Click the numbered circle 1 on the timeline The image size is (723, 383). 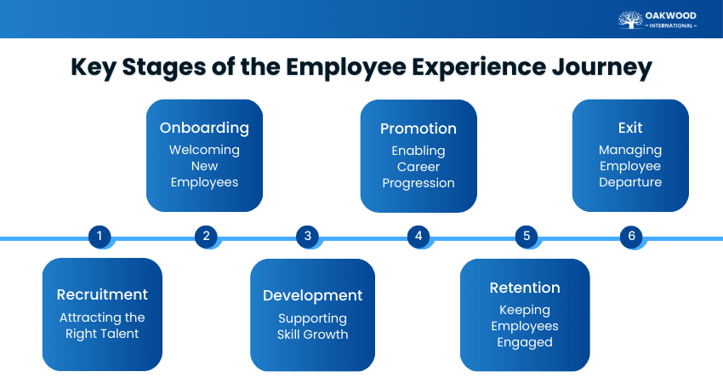(x=100, y=237)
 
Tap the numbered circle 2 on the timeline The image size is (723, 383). (x=206, y=237)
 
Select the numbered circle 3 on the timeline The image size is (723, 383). (x=308, y=237)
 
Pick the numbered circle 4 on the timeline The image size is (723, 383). (x=418, y=237)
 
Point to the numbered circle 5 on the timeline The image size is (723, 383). (x=526, y=237)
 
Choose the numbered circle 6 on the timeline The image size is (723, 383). (x=631, y=237)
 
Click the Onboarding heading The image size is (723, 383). (x=204, y=128)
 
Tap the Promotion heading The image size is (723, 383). (x=418, y=129)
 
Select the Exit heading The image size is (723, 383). (x=629, y=128)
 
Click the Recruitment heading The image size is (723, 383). (x=102, y=294)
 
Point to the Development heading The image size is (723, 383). (x=312, y=295)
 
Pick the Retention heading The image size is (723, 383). (x=525, y=288)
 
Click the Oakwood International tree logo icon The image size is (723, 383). (x=630, y=20)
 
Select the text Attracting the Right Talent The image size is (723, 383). (x=102, y=325)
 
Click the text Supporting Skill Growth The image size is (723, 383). (x=312, y=326)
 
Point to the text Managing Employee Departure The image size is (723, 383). (x=629, y=166)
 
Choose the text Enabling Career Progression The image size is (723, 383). (x=418, y=167)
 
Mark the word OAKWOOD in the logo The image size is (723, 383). (x=672, y=15)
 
